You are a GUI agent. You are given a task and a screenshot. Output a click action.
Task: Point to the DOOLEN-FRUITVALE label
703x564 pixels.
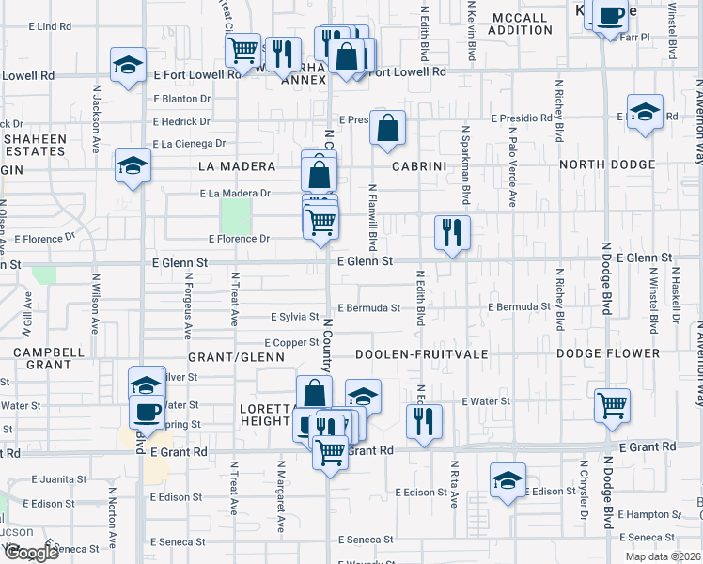coord(414,354)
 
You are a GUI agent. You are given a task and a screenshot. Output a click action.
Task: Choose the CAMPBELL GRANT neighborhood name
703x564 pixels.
coord(43,358)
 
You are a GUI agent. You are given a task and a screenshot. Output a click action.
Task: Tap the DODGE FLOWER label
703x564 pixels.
coord(607,354)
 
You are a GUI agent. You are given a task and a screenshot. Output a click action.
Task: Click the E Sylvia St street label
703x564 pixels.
coord(295,318)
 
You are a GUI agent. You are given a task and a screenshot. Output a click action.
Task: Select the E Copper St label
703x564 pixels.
coord(292,343)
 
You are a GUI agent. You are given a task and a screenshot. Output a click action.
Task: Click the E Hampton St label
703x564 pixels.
coord(650,514)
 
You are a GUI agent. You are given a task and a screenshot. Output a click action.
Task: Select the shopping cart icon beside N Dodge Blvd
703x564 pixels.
coord(612,405)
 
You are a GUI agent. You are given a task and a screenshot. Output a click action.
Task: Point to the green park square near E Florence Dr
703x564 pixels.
coord(236,216)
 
